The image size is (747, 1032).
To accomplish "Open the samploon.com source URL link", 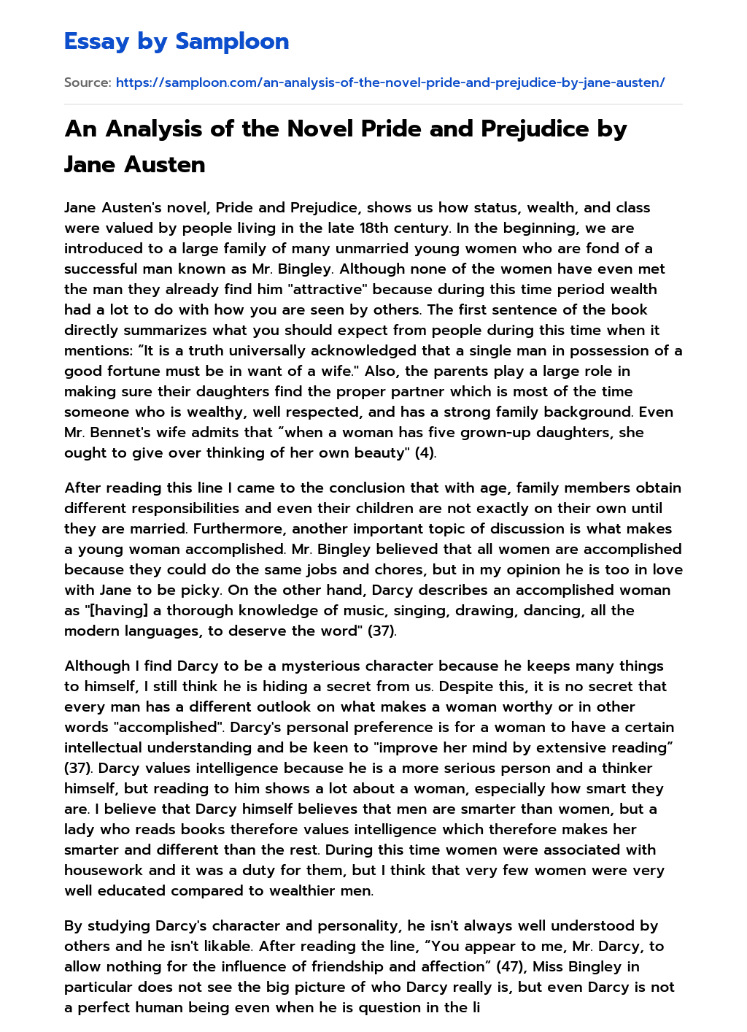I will coord(390,82).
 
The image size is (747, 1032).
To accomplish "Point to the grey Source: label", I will coord(88,82).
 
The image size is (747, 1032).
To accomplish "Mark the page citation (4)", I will coord(425,453).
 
